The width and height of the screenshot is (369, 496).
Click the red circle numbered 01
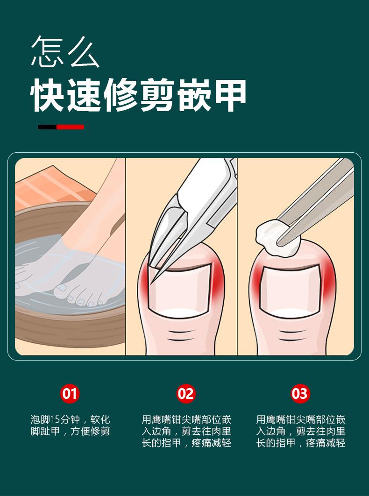pyautogui.click(x=70, y=393)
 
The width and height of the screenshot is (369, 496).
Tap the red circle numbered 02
pyautogui.click(x=185, y=393)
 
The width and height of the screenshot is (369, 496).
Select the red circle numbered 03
pyautogui.click(x=300, y=393)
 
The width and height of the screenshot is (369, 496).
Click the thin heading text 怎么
pyautogui.click(x=65, y=51)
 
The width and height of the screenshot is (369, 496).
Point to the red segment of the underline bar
pyautogui.click(x=71, y=127)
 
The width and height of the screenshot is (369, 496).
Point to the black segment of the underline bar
pyautogui.click(x=47, y=127)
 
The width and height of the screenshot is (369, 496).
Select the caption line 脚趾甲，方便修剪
pyautogui.click(x=70, y=431)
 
